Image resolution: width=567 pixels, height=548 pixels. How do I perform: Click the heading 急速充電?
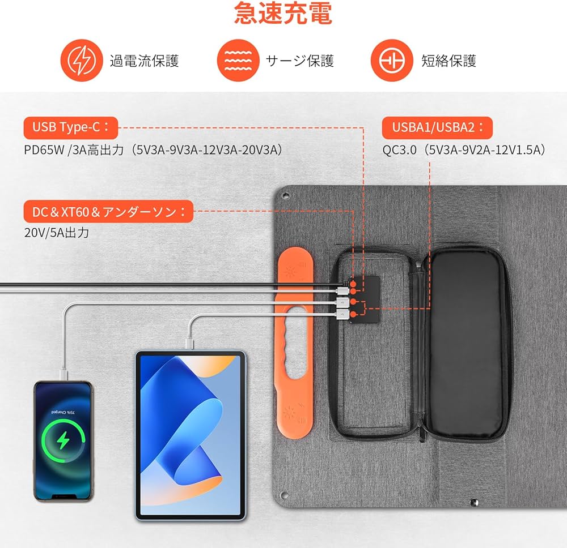[x=283, y=14]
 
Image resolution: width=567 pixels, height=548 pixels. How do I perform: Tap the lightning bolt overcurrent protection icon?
[x=79, y=61]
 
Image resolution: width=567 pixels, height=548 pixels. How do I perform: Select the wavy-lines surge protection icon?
[x=236, y=61]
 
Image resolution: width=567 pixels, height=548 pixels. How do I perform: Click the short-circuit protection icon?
[x=390, y=61]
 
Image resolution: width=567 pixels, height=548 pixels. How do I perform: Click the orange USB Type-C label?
[x=70, y=127]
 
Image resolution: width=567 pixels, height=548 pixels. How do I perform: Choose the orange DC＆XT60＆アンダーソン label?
[x=108, y=213]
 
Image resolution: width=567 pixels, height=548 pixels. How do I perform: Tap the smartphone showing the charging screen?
[x=63, y=440]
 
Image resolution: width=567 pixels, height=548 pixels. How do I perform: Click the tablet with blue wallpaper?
[x=190, y=434]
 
